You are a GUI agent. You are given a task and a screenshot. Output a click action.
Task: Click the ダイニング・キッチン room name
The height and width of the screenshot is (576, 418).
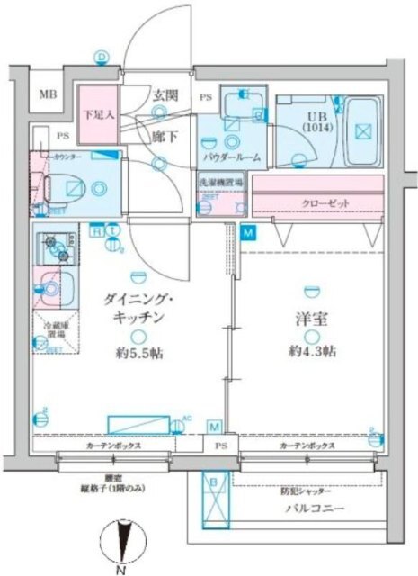(136, 309)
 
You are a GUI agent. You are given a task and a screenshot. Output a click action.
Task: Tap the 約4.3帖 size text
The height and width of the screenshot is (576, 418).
(311, 350)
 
